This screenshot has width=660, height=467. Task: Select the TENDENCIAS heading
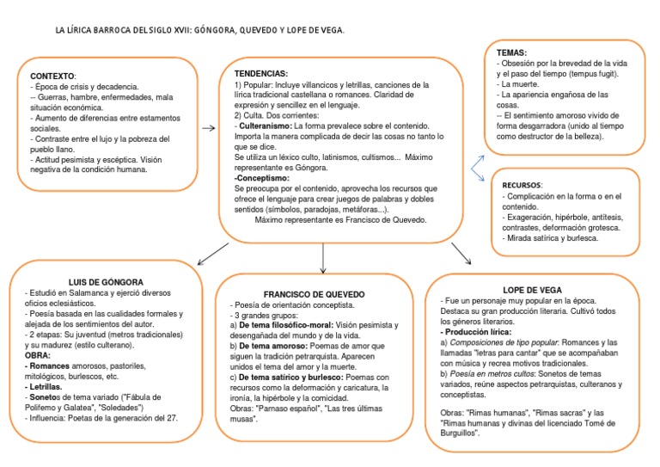(x=261, y=74)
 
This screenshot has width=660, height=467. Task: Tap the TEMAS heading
(x=512, y=52)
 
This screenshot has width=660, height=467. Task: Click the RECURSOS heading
(x=522, y=185)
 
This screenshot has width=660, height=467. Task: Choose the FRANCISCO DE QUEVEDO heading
(x=322, y=294)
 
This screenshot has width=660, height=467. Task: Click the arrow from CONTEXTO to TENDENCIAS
(x=207, y=128)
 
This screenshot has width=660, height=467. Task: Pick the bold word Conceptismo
(x=265, y=177)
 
